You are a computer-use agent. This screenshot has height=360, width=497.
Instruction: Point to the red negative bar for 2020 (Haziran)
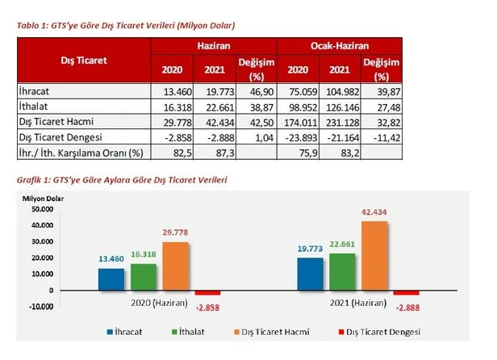click(x=209, y=293)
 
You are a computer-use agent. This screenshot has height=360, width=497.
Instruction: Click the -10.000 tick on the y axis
click(x=35, y=307)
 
